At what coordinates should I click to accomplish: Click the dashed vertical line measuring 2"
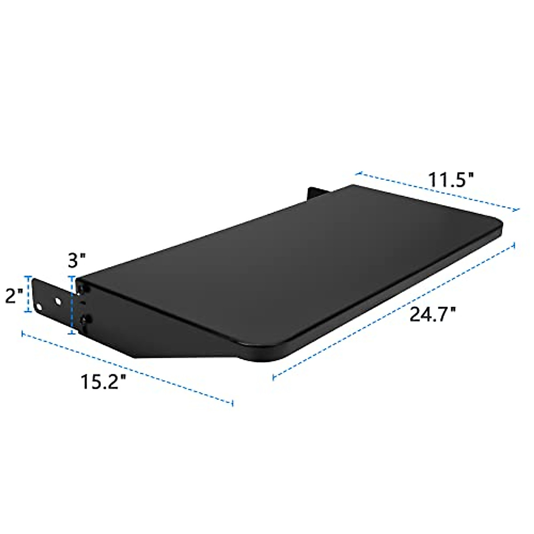pos(30,295)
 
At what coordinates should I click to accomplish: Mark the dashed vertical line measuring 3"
pos(71,305)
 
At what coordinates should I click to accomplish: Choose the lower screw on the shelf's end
pos(85,319)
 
